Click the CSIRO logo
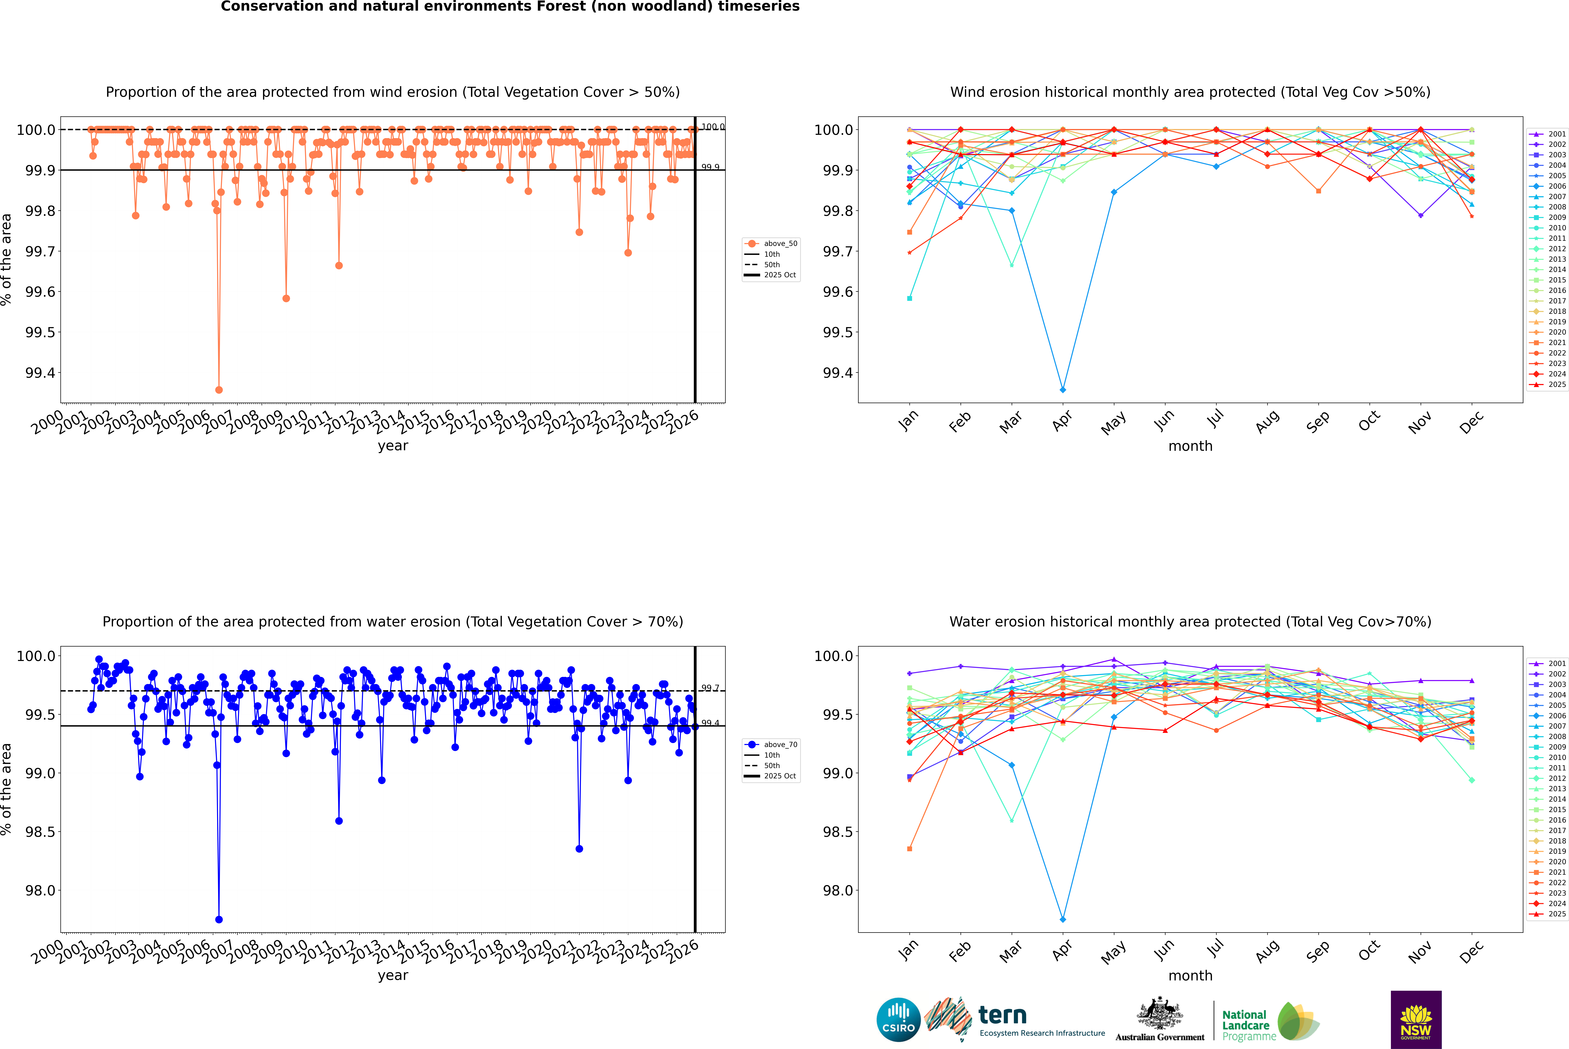(898, 1020)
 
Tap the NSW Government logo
(1416, 1020)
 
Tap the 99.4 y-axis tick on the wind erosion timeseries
(40, 373)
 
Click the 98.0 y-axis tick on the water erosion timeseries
(40, 890)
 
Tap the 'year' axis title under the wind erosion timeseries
(393, 446)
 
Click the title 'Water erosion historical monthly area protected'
(1190, 621)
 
